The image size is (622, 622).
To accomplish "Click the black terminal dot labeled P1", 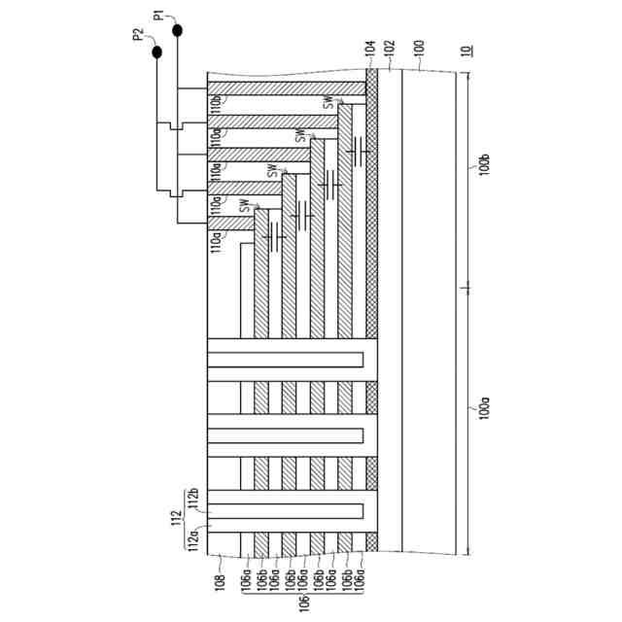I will pos(178,32).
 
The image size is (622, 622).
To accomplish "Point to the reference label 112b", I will pos(192,497).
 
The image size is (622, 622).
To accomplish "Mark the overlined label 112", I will pos(177,516).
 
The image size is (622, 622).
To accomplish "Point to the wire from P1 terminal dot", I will pos(178,68).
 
